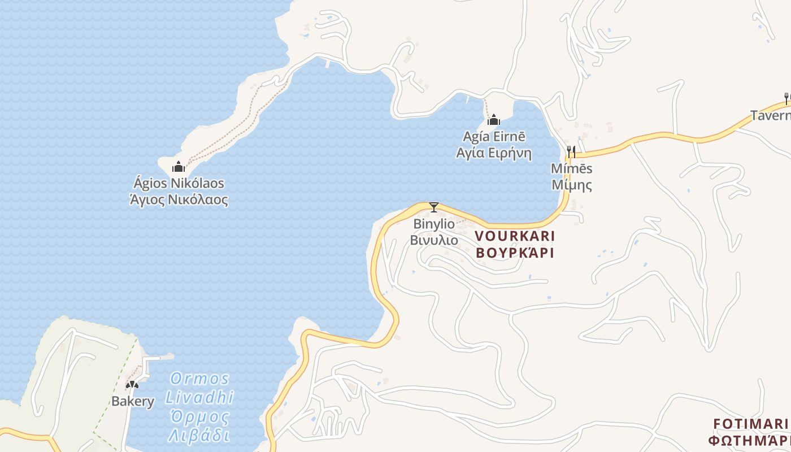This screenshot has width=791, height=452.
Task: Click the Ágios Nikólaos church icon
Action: (179, 166)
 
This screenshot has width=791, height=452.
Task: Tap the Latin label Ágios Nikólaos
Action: (179, 184)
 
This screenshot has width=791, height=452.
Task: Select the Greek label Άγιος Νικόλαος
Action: (179, 199)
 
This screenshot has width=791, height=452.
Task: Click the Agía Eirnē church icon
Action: (494, 120)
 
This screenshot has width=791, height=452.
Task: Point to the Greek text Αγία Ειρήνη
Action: (494, 153)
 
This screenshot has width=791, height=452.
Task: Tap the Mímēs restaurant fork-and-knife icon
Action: (571, 151)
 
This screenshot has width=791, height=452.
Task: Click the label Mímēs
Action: (571, 168)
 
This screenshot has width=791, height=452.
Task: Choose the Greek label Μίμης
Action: (571, 185)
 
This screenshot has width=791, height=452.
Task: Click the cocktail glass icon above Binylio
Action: (434, 207)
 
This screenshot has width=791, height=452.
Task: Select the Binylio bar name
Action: (434, 224)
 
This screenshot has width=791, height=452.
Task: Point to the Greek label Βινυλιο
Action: (434, 240)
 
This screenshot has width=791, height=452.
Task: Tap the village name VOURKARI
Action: (515, 236)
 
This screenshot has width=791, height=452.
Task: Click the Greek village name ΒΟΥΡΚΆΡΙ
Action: (515, 252)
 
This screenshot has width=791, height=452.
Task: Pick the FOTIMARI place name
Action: (750, 424)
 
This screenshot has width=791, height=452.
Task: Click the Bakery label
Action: (133, 402)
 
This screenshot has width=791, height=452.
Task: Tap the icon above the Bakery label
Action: (132, 385)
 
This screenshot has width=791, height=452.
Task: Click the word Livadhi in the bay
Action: (199, 397)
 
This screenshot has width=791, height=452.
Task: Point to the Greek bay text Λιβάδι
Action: (199, 436)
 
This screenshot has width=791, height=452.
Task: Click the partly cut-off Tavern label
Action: (770, 116)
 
